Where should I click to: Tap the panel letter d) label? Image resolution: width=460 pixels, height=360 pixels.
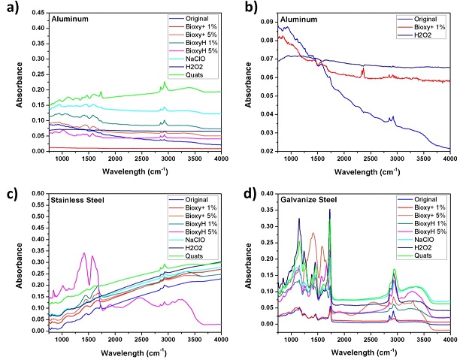tap(245, 189)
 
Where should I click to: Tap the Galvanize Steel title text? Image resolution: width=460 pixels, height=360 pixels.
tap(314, 200)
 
